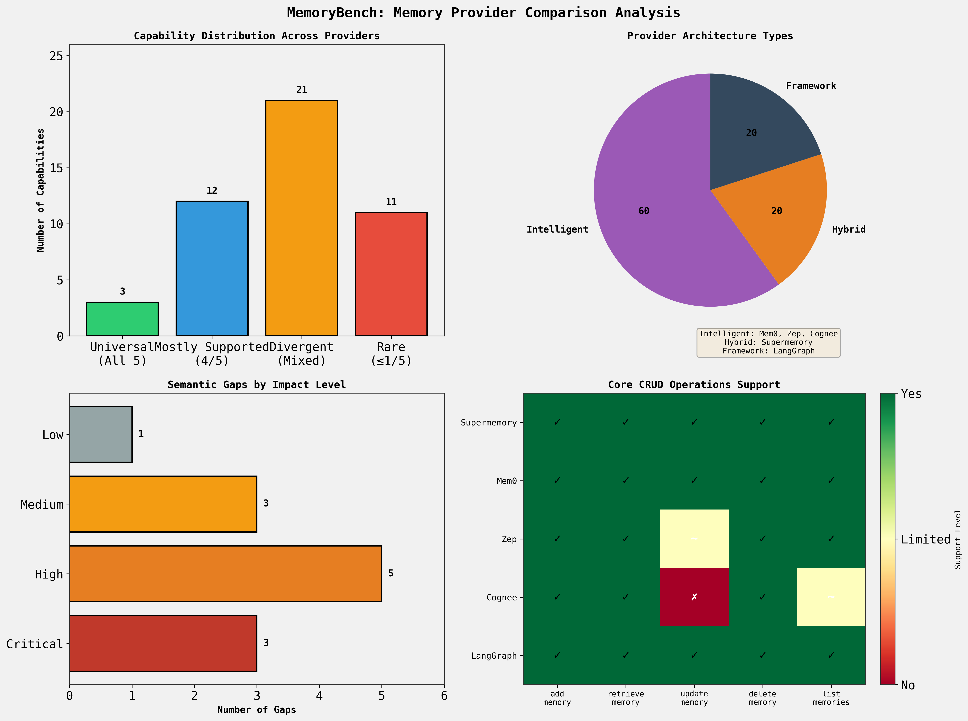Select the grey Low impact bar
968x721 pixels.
tap(101, 434)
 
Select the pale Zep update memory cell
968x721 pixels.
tap(694, 539)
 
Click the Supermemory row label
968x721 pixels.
tap(489, 422)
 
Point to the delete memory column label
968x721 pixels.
tap(763, 698)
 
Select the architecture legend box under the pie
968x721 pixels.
tap(768, 343)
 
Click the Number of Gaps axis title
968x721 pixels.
tap(257, 710)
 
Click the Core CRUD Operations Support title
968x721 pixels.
tap(694, 385)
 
